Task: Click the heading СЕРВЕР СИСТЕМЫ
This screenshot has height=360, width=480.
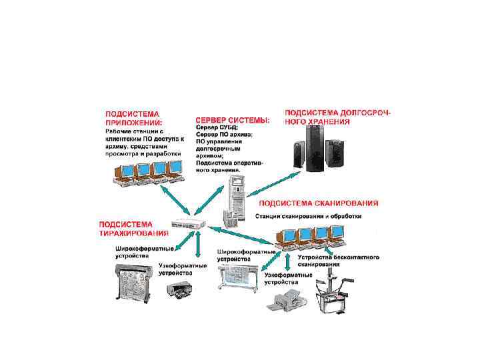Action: (x=232, y=121)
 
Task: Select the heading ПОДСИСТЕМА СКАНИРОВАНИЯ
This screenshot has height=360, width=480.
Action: (x=318, y=203)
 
